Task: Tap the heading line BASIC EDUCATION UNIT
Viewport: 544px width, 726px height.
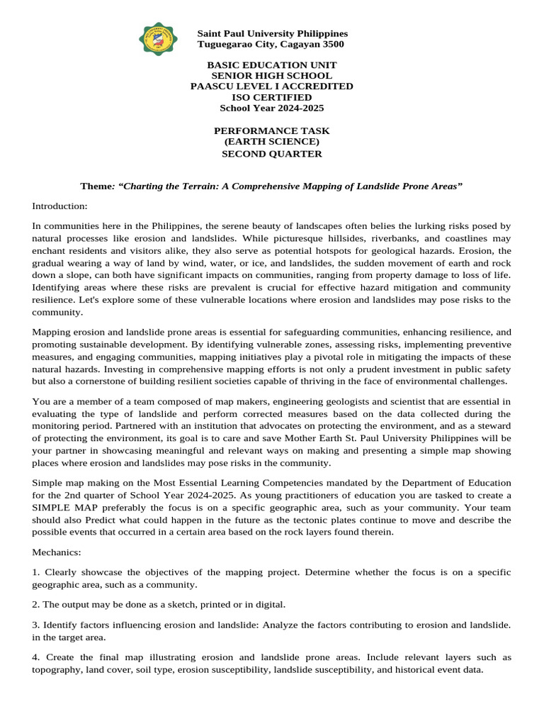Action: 271,65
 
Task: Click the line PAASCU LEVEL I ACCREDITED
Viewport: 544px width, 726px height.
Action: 271,86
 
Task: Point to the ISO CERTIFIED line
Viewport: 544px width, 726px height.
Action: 271,97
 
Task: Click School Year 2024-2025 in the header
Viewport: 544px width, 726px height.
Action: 271,108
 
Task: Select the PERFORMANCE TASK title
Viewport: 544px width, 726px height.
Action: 271,131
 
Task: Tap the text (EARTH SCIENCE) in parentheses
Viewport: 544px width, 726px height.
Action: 271,142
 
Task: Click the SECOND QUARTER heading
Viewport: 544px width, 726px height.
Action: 271,153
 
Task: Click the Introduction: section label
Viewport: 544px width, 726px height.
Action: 59,206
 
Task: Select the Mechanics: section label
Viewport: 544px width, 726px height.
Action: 57,552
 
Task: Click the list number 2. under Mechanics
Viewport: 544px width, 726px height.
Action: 36,604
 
